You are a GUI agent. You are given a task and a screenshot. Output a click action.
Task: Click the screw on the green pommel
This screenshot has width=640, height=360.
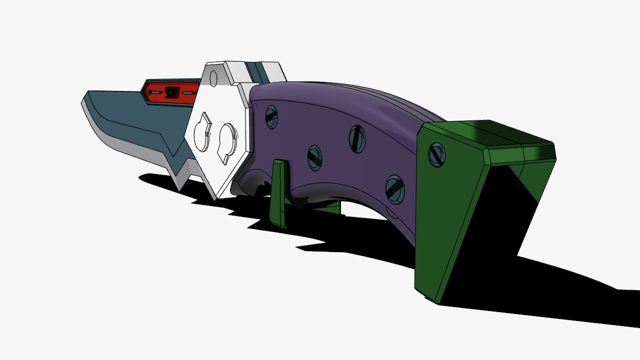436,154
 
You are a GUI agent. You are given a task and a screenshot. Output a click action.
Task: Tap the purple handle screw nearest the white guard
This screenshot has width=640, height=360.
271,116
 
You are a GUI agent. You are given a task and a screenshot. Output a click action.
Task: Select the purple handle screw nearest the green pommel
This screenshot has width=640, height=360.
394,189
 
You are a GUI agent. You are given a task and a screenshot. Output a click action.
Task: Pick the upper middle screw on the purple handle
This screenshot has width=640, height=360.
357,138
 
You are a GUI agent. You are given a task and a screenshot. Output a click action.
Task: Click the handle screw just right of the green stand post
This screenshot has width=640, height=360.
314,157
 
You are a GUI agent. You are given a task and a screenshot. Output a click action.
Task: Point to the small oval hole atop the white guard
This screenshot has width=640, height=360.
214,77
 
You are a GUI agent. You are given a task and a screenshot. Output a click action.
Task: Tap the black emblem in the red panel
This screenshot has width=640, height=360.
171,92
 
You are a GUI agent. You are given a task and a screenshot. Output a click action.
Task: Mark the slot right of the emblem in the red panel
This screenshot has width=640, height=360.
188,92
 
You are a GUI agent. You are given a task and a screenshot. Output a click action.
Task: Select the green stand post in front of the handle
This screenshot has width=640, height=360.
278,192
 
